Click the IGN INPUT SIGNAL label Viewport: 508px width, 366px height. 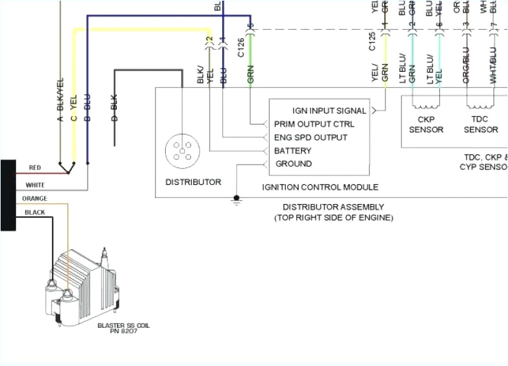[329, 111]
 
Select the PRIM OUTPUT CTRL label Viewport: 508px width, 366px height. [314, 124]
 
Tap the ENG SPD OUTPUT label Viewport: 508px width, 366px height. [311, 137]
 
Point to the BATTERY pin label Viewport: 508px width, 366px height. [293, 151]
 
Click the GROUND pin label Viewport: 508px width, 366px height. [294, 164]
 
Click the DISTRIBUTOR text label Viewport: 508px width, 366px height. [193, 182]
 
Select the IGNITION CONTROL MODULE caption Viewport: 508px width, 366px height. [320, 187]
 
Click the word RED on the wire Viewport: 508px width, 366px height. [35, 168]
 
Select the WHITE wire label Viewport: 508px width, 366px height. [35, 185]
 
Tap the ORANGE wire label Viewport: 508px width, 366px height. [35, 199]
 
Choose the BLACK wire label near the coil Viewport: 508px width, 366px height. [35, 212]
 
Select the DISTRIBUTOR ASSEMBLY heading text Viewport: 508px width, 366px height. [333, 207]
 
